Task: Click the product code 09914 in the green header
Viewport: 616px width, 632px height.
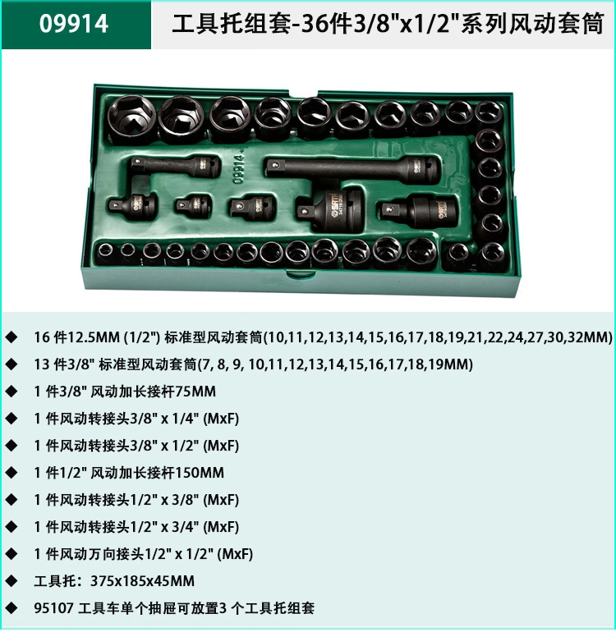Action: pyautogui.click(x=73, y=24)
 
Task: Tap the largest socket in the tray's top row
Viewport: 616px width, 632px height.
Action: pyautogui.click(x=132, y=118)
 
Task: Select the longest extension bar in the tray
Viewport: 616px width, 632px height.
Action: pyautogui.click(x=352, y=169)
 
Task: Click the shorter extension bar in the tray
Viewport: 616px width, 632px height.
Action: pyautogui.click(x=175, y=166)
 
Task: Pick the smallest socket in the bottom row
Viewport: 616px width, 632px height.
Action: pyautogui.click(x=105, y=252)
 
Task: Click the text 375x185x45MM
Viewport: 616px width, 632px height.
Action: pyautogui.click(x=142, y=581)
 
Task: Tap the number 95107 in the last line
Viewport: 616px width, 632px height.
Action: pyautogui.click(x=53, y=608)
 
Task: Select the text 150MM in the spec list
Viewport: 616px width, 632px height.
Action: pyautogui.click(x=200, y=473)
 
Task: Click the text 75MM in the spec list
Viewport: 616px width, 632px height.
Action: pyautogui.click(x=195, y=391)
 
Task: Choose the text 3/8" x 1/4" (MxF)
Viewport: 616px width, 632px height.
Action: pyautogui.click(x=185, y=419)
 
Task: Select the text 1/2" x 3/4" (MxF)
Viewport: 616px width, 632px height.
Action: pyautogui.click(x=185, y=527)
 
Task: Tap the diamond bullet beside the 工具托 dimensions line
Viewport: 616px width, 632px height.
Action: pyautogui.click(x=11, y=581)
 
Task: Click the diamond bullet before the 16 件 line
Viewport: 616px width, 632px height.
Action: pyautogui.click(x=11, y=337)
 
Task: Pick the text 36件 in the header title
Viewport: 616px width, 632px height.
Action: pyautogui.click(x=326, y=23)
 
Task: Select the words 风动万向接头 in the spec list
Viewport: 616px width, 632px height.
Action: pyautogui.click(x=94, y=554)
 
